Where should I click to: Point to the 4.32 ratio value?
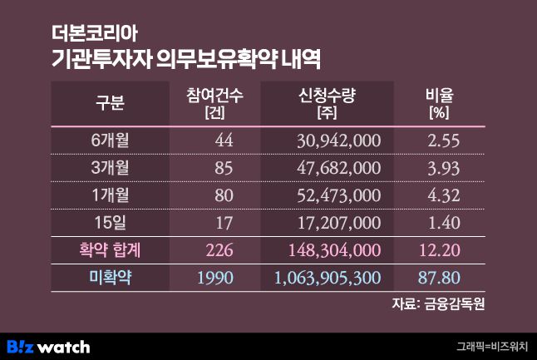[443, 195]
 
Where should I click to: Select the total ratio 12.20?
[440, 249]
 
